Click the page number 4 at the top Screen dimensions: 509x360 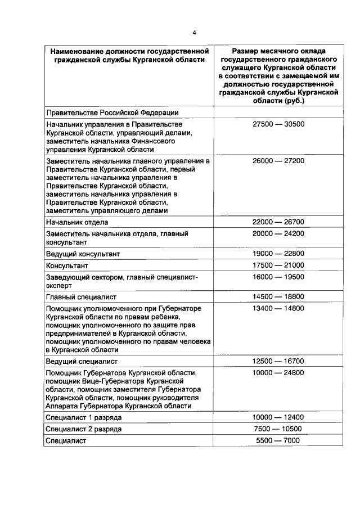coord(194,32)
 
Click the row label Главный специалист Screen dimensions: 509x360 coord(82,297)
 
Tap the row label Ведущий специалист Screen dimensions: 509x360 coord(82,361)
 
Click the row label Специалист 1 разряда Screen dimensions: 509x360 coord(84,418)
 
